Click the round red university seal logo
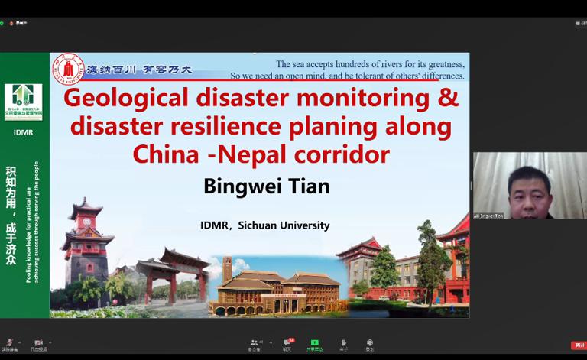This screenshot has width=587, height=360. pyautogui.click(x=67, y=68)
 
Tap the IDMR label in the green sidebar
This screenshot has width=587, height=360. pyautogui.click(x=24, y=132)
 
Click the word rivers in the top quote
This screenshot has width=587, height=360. pyautogui.click(x=391, y=64)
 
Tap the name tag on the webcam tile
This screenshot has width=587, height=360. pyautogui.click(x=489, y=216)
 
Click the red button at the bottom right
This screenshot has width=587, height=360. pyautogui.click(x=578, y=345)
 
